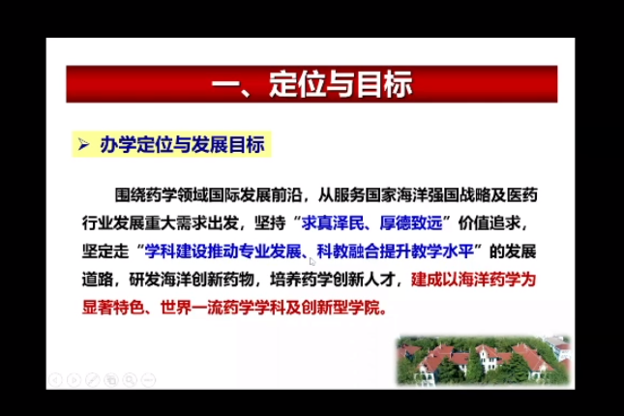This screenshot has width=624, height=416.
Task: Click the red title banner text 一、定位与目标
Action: pyautogui.click(x=312, y=84)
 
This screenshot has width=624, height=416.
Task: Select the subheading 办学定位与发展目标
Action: pyautogui.click(x=182, y=144)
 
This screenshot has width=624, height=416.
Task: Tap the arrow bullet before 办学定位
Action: pyautogui.click(x=83, y=144)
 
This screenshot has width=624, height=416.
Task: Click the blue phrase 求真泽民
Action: pyautogui.click(x=332, y=223)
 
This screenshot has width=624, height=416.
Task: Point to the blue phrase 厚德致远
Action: pyautogui.click(x=411, y=223)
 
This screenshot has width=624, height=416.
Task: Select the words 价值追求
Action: pyautogui.click(x=490, y=223)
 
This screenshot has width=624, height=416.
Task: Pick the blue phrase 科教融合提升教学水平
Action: pyautogui.click(x=395, y=252)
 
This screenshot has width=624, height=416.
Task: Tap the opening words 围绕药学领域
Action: pyautogui.click(x=162, y=195)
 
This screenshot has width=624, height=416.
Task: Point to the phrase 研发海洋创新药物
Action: pyautogui.click(x=192, y=280)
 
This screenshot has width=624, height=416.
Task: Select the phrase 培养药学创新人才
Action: pyautogui.click(x=332, y=280)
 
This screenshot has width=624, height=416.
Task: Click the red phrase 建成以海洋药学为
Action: pyautogui.click(x=473, y=280)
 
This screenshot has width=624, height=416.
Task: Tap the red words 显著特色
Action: pyautogui.click(x=113, y=308)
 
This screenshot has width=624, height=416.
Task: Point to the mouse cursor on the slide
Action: pyautogui.click(x=312, y=261)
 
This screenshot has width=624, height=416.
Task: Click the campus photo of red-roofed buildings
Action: pyautogui.click(x=484, y=361)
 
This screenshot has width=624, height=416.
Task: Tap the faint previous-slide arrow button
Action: pyautogui.click(x=56, y=380)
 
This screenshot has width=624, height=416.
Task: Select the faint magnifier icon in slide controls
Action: pyautogui.click(x=130, y=380)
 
